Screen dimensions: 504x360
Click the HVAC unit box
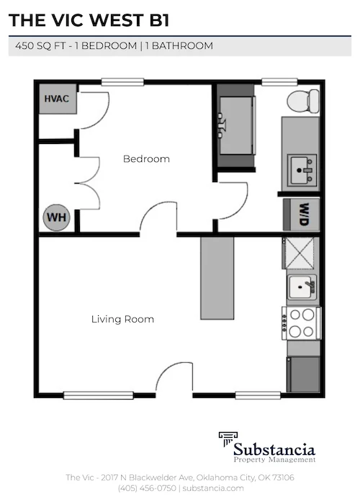click(56, 99)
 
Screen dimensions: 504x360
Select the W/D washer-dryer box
click(302, 214)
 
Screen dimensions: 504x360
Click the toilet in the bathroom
click(302, 101)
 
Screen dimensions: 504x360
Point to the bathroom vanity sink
click(301, 169)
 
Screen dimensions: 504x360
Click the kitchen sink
click(302, 287)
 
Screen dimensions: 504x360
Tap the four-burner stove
click(302, 323)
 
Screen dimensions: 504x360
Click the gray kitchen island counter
click(217, 277)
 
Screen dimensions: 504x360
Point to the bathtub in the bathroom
click(236, 125)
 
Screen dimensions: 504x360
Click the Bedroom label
click(146, 159)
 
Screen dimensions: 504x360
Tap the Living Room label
click(122, 319)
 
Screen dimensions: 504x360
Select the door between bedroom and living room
click(158, 220)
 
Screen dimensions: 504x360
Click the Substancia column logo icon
click(229, 441)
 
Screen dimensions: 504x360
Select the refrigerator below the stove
click(302, 373)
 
